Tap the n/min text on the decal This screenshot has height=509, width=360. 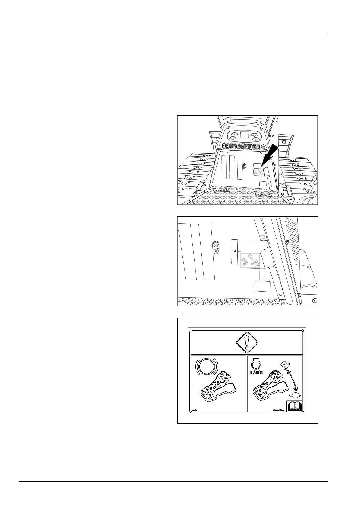click(257, 372)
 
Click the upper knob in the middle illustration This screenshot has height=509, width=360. click(216, 244)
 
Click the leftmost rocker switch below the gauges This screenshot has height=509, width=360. click(224, 147)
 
